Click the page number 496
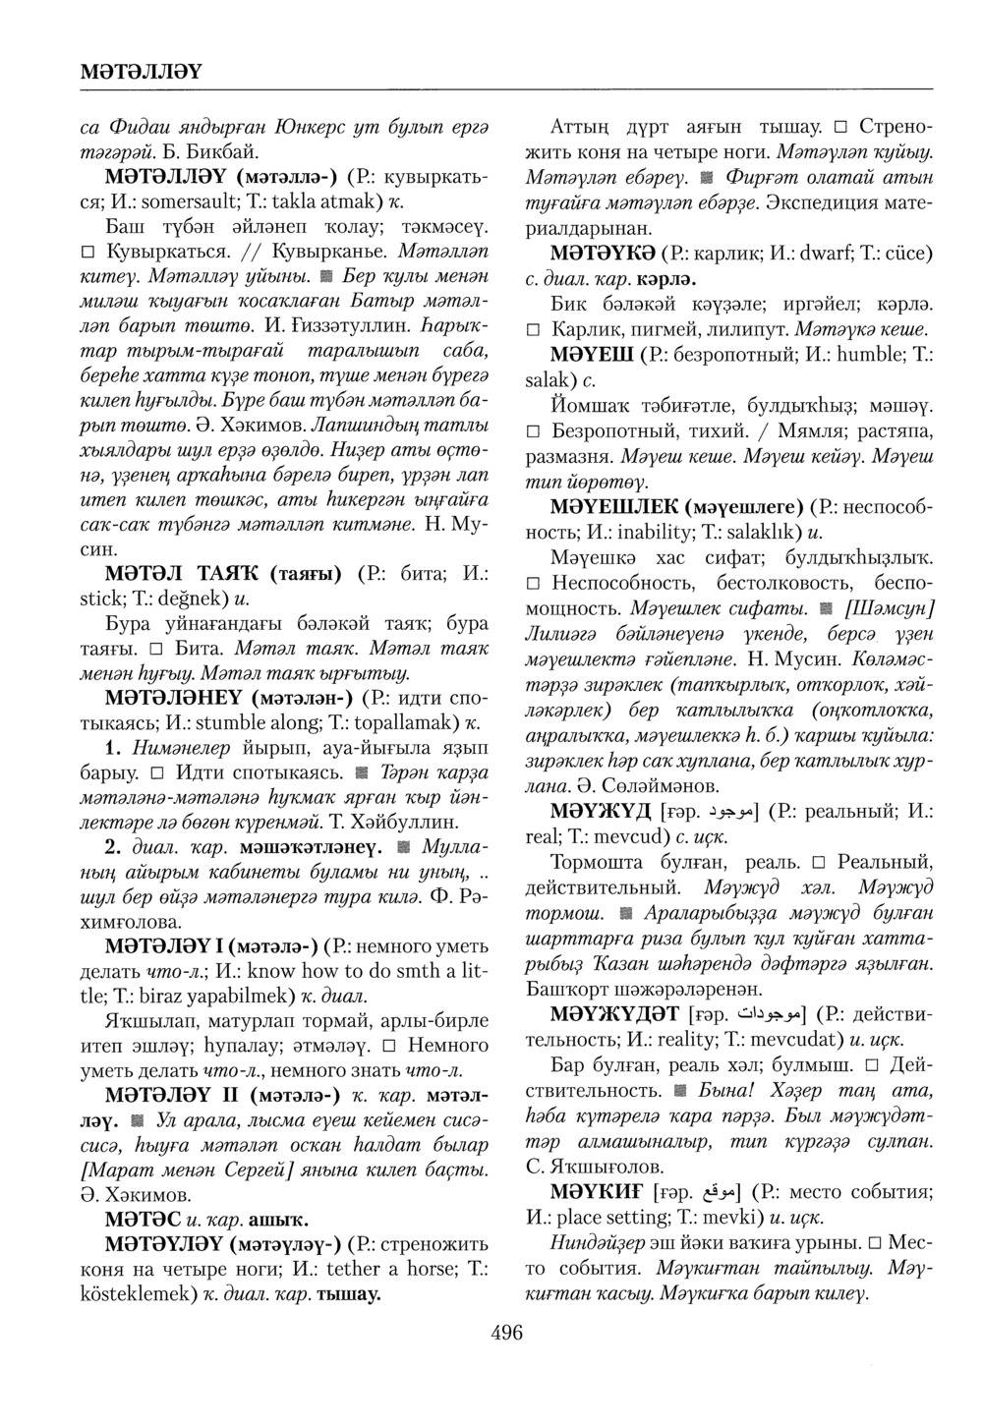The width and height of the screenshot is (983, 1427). click(505, 1334)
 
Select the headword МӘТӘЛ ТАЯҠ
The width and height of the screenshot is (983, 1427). click(183, 572)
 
